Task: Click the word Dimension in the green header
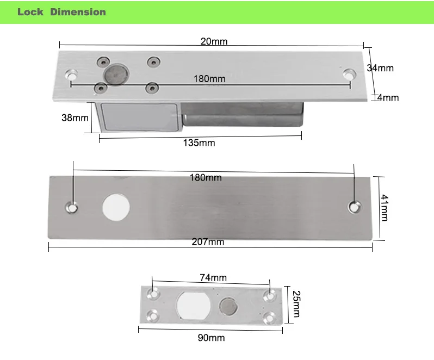[78, 12]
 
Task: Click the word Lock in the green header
[30, 12]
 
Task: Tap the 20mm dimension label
[214, 41]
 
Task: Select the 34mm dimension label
[380, 68]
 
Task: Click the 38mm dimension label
[75, 117]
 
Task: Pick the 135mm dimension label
[199, 143]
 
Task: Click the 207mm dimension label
[208, 242]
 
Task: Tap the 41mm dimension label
[385, 208]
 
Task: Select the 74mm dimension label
[213, 277]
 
